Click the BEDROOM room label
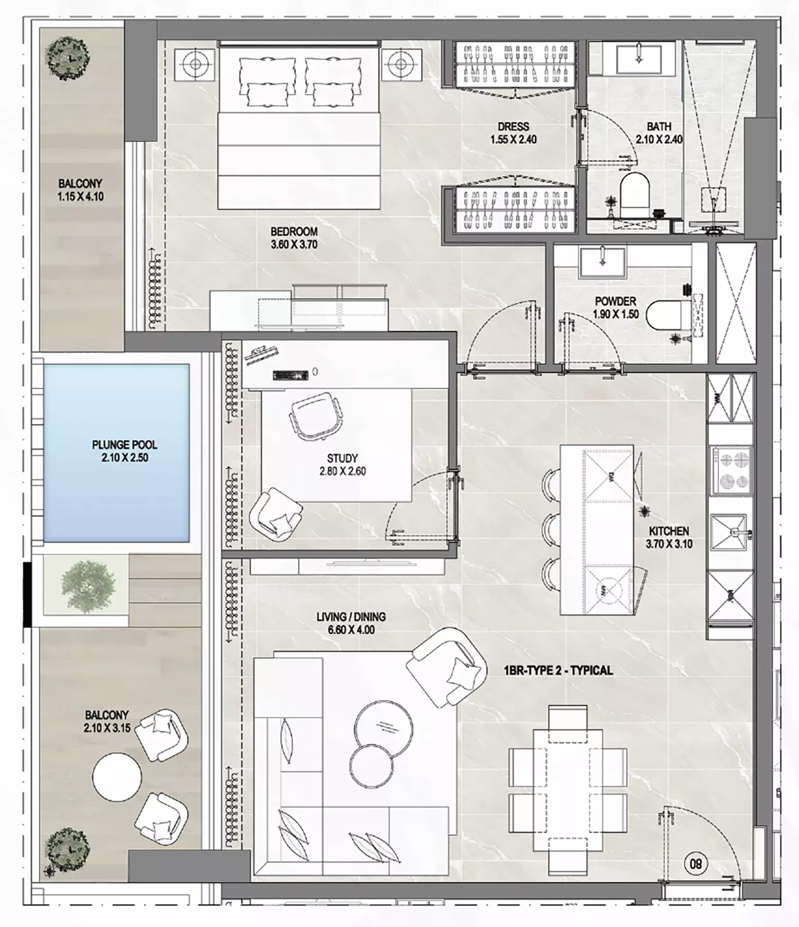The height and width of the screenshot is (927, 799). coord(294,232)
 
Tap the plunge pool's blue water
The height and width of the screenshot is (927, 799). coord(117,452)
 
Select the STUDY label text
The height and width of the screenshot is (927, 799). coord(342,458)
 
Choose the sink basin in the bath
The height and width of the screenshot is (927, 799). coord(639,59)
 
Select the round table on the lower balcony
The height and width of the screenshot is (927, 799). coord(117,777)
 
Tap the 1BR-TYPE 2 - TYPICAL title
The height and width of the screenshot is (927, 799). coord(558,670)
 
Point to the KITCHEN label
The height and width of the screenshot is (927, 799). coord(668,531)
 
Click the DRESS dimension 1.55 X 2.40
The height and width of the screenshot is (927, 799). coord(513,139)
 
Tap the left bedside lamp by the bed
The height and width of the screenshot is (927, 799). coord(195,64)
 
